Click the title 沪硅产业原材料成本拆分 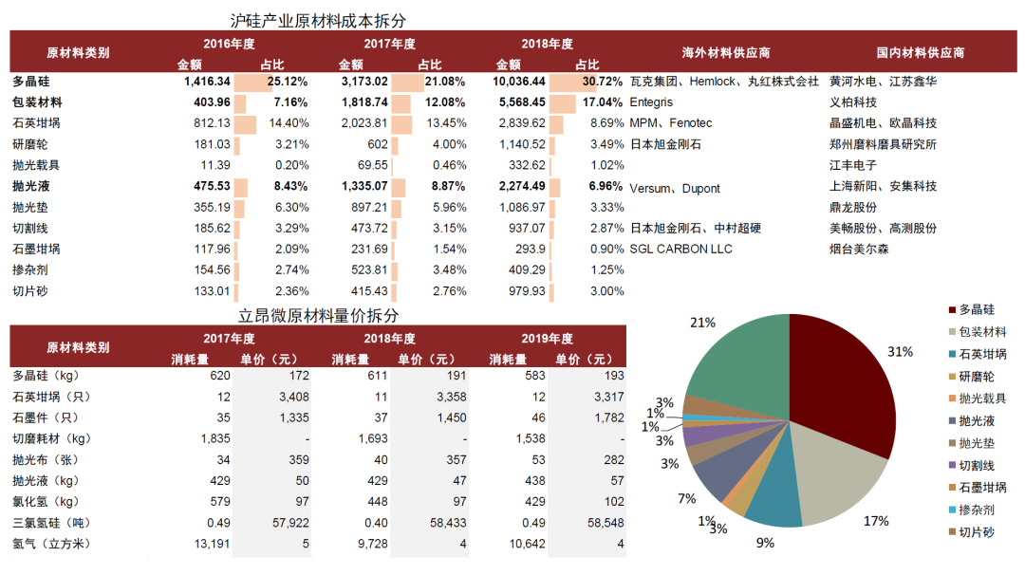pyautogui.click(x=325, y=20)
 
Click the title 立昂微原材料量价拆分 pyautogui.click(x=318, y=315)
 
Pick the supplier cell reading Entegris pyautogui.click(x=650, y=102)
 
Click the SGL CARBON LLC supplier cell pyautogui.click(x=674, y=249)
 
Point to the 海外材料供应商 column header pyautogui.click(x=725, y=52)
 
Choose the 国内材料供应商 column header pyautogui.click(x=921, y=52)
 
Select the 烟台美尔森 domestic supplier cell pyautogui.click(x=859, y=249)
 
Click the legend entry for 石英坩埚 pyautogui.click(x=982, y=354)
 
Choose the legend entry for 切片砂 pyautogui.click(x=976, y=531)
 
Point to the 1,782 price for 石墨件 pyautogui.click(x=607, y=417)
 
